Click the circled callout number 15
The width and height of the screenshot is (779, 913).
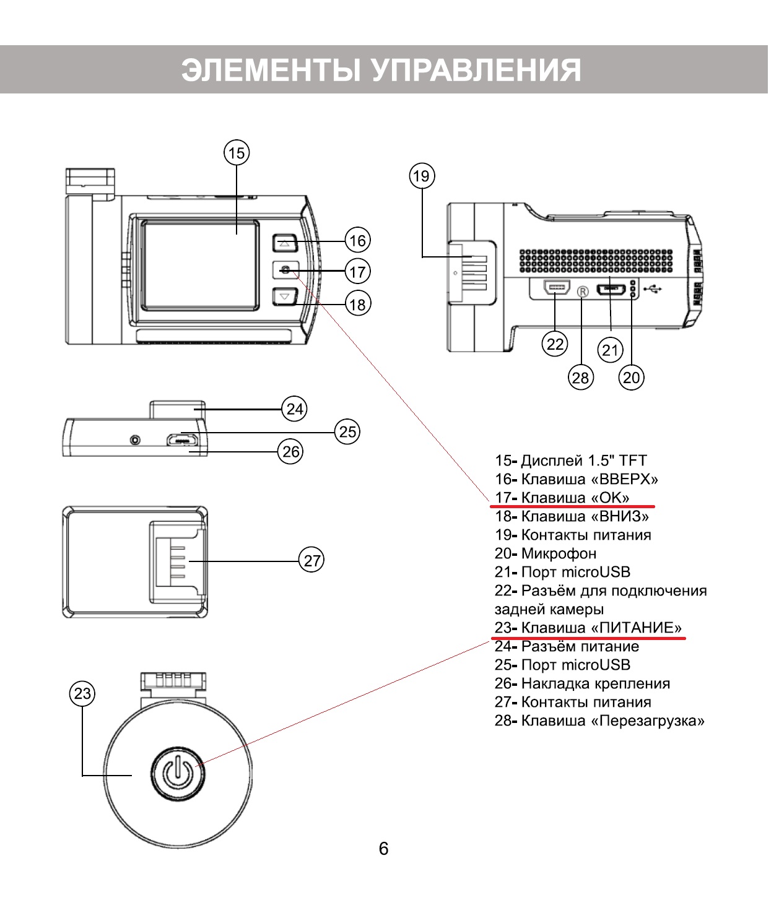pos(237,152)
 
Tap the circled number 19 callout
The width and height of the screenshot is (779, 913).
pos(422,176)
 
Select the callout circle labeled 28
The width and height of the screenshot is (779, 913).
pos(581,377)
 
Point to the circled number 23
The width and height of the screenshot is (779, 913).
pos(82,693)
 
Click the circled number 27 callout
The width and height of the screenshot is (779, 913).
pos(312,560)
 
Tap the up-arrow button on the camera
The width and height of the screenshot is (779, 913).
pos(285,243)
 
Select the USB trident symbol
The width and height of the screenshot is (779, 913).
pos(653,288)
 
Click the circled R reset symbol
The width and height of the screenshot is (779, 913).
pos(582,292)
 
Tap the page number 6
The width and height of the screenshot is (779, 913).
pos(383,848)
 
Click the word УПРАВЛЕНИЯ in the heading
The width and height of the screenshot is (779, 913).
pos(476,70)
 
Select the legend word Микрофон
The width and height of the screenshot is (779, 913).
pos(559,553)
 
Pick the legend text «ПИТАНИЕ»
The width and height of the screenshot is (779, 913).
pos(636,628)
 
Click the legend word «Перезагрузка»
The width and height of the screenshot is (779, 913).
pos(648,720)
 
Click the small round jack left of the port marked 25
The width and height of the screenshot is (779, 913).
pos(135,440)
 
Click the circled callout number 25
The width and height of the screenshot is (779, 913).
pos(347,431)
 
